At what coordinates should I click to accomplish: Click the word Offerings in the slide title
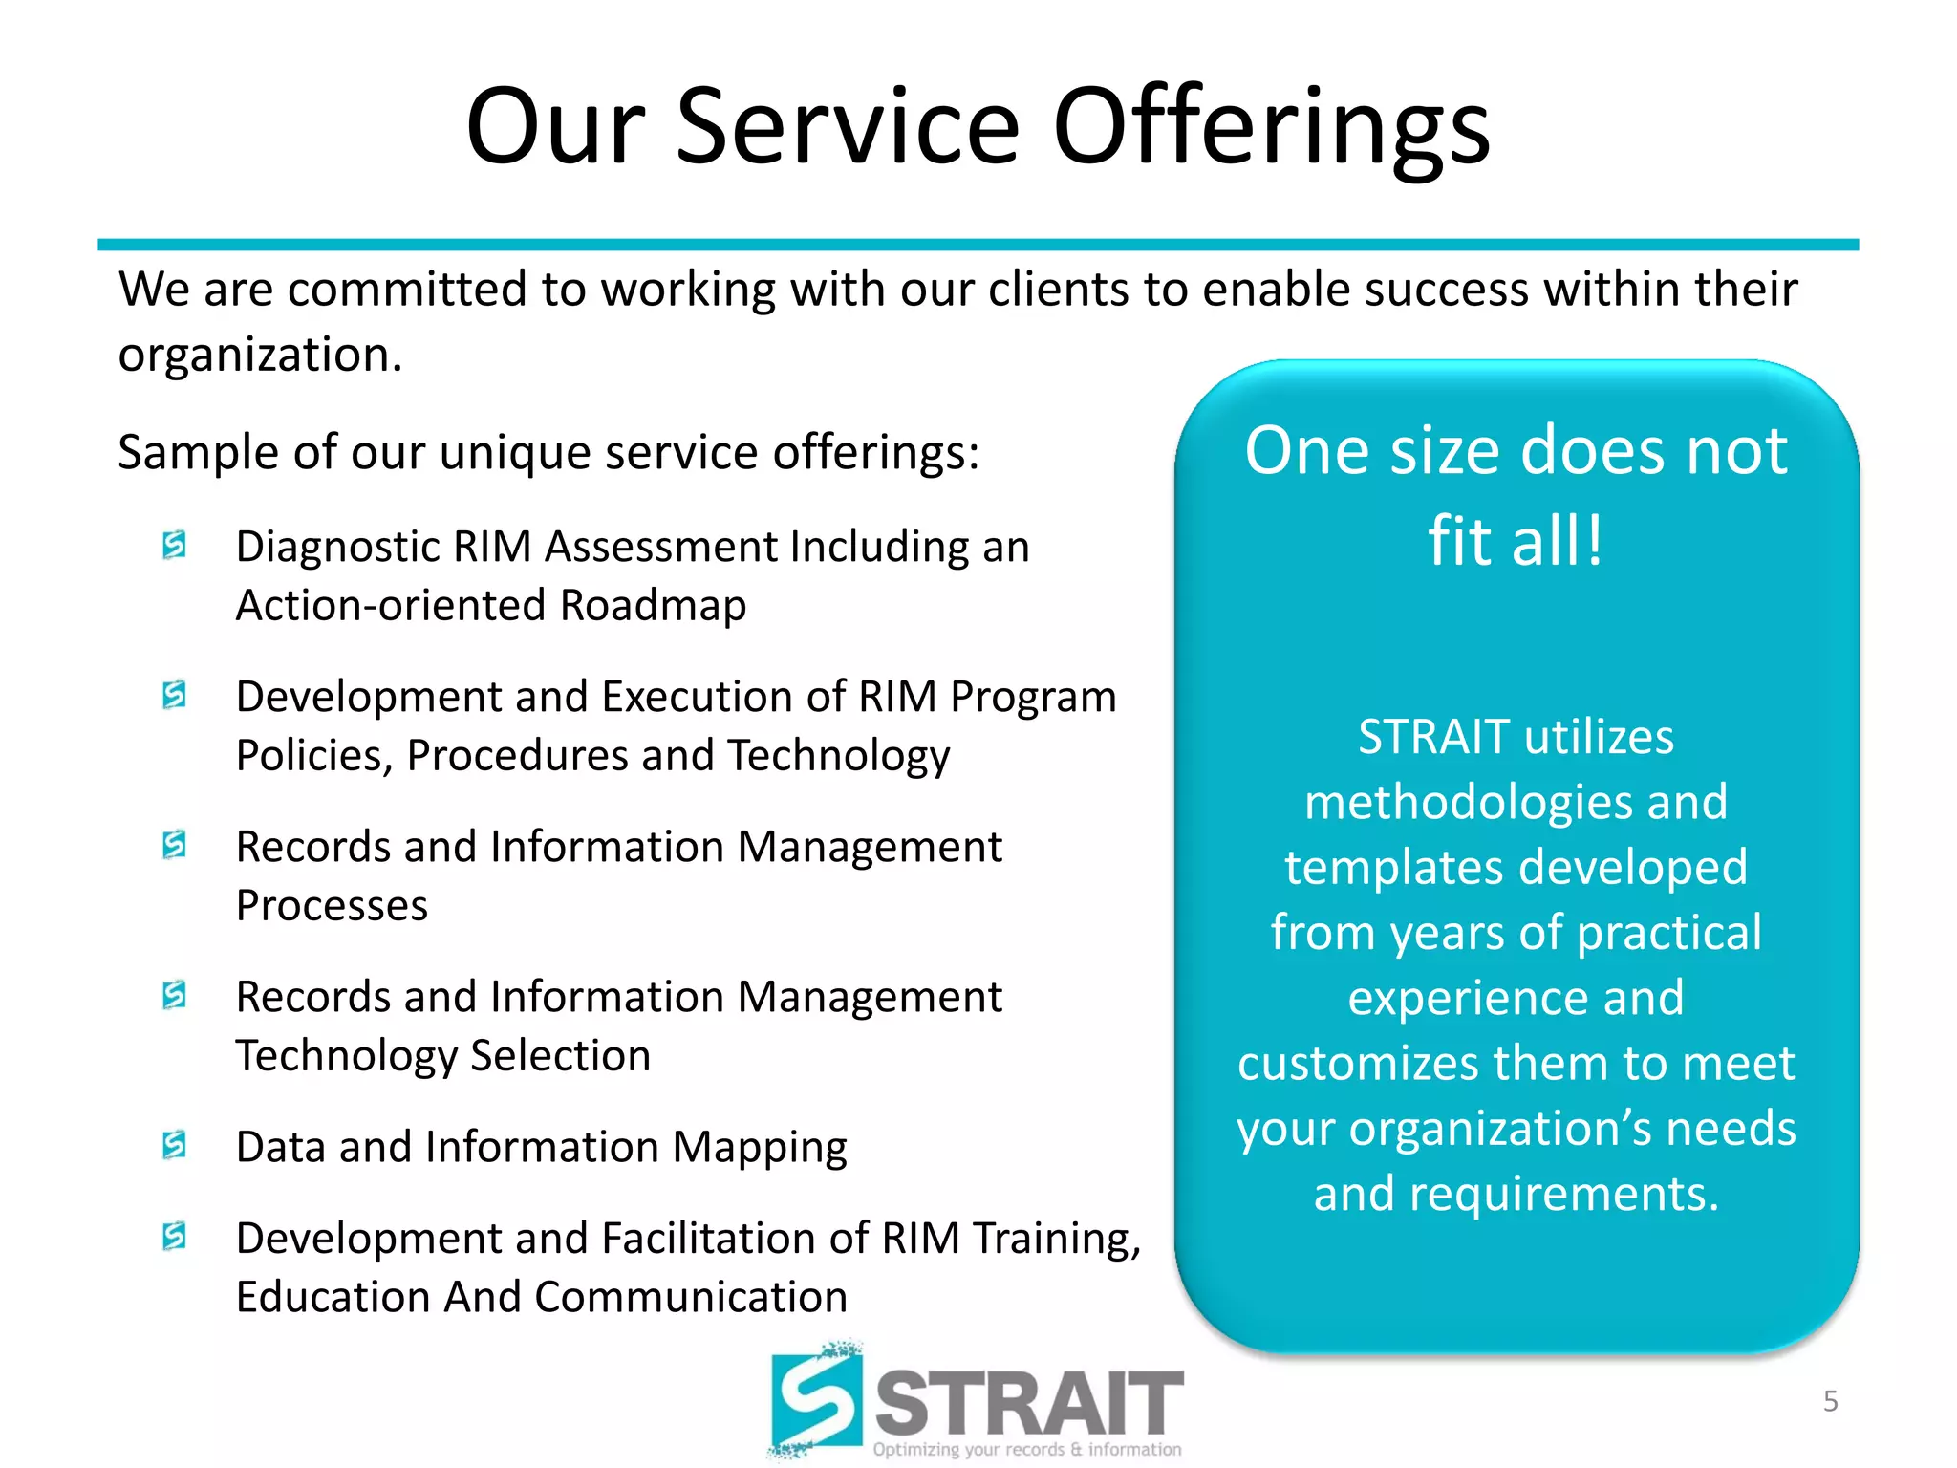(x=1271, y=129)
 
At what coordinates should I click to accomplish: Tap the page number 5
(x=1830, y=1401)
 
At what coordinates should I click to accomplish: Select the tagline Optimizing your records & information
(x=1026, y=1449)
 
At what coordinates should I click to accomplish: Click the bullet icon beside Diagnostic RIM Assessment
(x=174, y=545)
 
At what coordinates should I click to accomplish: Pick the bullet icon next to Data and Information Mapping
(x=174, y=1144)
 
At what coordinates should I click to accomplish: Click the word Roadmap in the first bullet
(x=653, y=605)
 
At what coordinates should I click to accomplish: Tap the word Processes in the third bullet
(x=332, y=906)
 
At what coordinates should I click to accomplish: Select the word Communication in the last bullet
(x=691, y=1297)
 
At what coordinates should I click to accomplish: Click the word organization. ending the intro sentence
(x=260, y=356)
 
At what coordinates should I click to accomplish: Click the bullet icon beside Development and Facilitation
(x=174, y=1236)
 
